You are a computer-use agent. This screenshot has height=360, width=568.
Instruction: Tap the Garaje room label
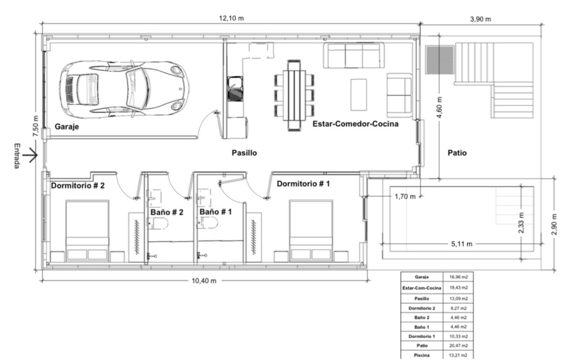click(x=67, y=127)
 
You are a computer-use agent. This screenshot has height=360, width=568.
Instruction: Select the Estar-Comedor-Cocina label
click(x=356, y=124)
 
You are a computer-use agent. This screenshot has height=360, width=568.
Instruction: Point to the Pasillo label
click(x=244, y=153)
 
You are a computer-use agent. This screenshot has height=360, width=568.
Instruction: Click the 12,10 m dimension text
click(x=231, y=18)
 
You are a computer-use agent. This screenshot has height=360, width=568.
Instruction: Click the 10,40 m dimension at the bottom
click(x=204, y=281)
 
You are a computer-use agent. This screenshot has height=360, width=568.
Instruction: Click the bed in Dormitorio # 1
click(x=311, y=230)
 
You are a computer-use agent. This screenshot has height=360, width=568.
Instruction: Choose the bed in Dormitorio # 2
click(x=87, y=230)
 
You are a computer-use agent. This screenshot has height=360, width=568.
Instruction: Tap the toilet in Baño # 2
click(x=156, y=223)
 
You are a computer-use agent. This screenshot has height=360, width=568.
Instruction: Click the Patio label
click(x=457, y=153)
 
